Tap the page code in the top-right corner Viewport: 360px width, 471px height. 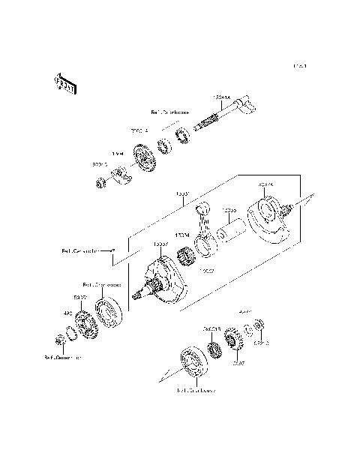[x=299, y=67]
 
